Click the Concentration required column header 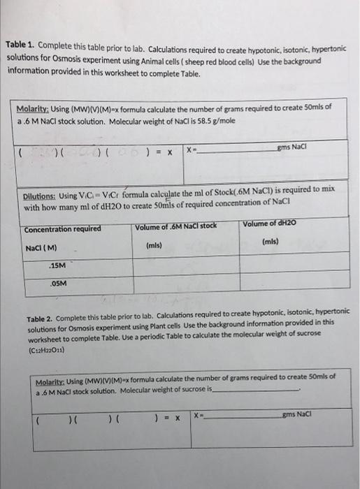pyautogui.click(x=63, y=228)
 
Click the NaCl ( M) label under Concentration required pyautogui.click(x=41, y=247)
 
